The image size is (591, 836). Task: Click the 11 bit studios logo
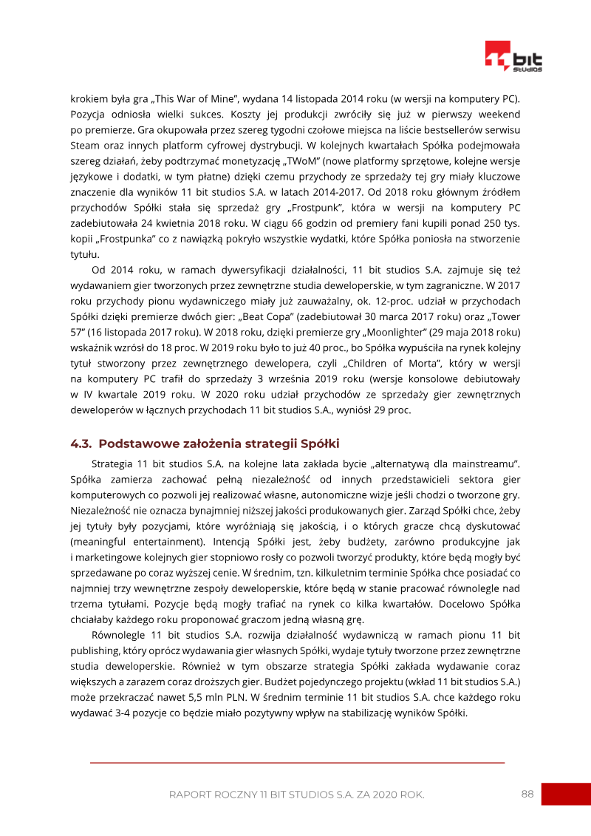[x=513, y=57]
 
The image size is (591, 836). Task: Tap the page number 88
[x=527, y=794]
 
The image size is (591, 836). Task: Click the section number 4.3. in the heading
[x=81, y=444]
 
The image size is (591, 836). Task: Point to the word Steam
[x=85, y=145]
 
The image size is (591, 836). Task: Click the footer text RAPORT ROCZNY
[x=213, y=795]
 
